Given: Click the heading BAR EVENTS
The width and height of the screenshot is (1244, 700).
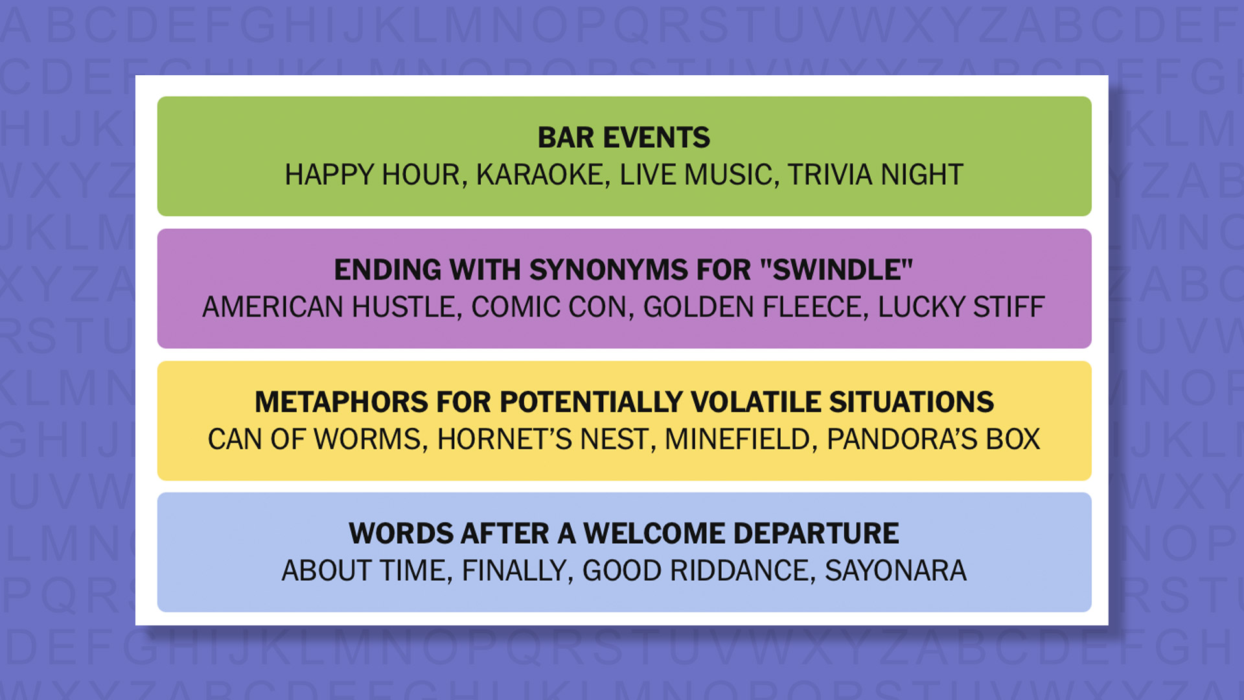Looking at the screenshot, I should coord(623,137).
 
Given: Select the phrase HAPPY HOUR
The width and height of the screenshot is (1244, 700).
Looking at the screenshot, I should coord(373,175).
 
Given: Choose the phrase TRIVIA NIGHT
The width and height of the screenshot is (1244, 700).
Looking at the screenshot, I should coord(875,175).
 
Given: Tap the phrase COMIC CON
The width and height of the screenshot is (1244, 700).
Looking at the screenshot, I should coord(551,307).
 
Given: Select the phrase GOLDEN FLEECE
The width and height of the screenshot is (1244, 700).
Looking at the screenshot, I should coord(754,307).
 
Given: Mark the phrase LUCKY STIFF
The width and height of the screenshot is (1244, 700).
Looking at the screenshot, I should coord(961,307).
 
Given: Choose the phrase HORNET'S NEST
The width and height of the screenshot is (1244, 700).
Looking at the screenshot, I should coord(542,439).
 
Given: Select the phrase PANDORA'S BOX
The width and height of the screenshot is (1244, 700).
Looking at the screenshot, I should coord(933,439).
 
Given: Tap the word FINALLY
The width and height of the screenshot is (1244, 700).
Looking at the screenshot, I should coord(515,571).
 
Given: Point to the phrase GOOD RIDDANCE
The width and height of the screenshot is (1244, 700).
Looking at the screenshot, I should coord(698,571).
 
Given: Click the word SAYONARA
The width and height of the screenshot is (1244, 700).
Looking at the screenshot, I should coord(895,571).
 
